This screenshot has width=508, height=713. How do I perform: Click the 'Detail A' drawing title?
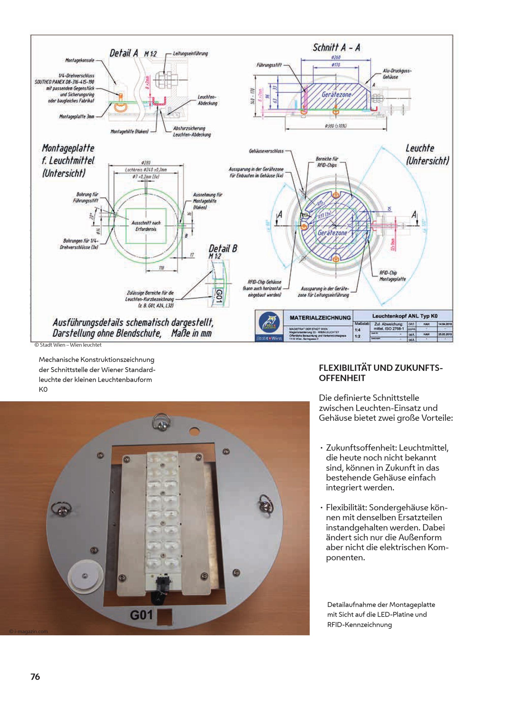(x=123, y=53)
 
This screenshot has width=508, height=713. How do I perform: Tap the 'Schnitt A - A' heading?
(x=336, y=48)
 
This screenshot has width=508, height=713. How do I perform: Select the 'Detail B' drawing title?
(x=223, y=249)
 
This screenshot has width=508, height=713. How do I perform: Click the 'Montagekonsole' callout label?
(x=80, y=60)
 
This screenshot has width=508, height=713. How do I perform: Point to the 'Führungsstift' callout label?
(x=269, y=65)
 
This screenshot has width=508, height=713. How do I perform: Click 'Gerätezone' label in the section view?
(x=336, y=95)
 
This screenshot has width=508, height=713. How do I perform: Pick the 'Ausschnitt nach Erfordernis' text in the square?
(x=146, y=226)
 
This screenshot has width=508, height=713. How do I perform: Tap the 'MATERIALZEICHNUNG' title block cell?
(x=320, y=318)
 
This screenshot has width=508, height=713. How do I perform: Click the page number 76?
(x=35, y=677)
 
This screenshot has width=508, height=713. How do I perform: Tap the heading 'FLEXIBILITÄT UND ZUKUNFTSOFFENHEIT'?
(x=381, y=373)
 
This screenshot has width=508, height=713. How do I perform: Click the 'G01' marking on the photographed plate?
(x=141, y=615)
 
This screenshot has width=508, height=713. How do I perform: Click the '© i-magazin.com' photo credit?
(x=29, y=631)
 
